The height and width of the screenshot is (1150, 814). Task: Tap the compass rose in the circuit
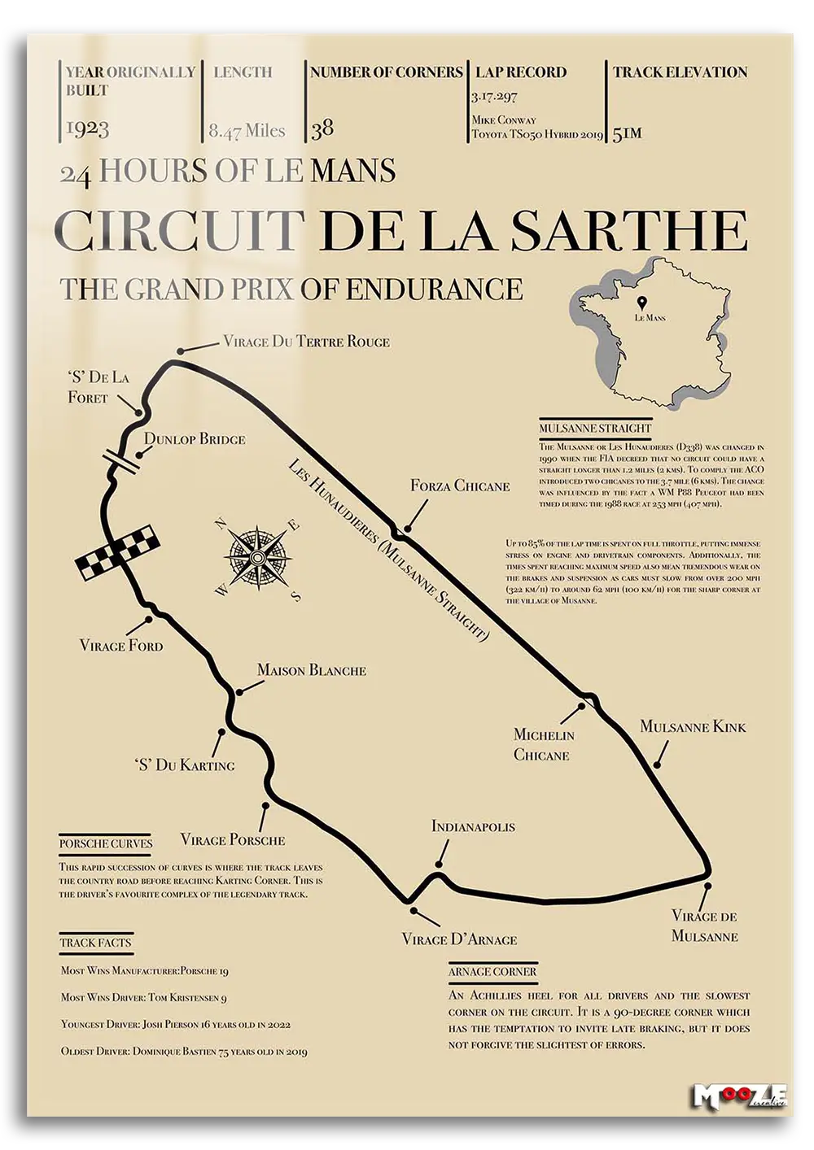point(257,557)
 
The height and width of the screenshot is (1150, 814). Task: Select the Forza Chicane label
point(460,486)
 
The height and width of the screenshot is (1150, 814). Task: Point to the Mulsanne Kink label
point(693,726)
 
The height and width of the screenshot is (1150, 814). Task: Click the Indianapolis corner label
point(473,826)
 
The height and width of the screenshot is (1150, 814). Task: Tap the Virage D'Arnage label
point(459,939)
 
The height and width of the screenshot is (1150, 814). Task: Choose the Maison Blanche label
point(311,670)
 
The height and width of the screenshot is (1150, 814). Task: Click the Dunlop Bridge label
point(195,439)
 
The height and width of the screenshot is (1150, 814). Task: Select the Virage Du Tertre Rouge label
point(306,342)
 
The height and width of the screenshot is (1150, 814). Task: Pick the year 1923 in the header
point(87,129)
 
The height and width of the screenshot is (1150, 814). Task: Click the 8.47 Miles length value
point(247,131)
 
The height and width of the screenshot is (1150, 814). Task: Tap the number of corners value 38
point(322,128)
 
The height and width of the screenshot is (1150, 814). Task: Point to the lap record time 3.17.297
point(494,97)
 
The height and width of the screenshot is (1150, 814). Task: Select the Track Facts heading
point(95,943)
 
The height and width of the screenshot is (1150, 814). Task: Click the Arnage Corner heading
point(492,971)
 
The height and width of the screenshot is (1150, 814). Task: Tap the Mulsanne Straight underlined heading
point(595,428)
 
